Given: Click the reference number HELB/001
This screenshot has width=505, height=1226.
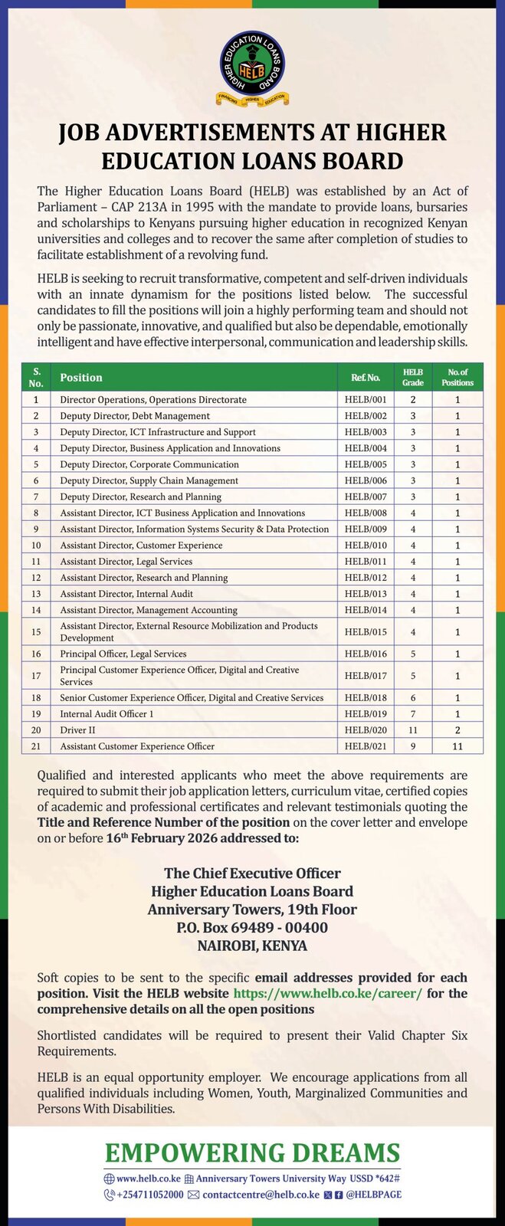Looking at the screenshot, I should (x=365, y=400).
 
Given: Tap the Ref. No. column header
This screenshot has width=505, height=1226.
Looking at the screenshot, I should (x=365, y=378).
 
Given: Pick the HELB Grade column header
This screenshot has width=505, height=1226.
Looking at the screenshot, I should (x=412, y=377).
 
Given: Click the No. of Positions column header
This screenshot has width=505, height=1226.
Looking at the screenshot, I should (x=457, y=377).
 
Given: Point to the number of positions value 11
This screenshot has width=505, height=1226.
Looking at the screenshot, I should (x=457, y=746).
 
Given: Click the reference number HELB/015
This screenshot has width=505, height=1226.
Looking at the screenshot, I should (x=365, y=632).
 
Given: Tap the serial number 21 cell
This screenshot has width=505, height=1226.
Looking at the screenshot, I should (x=36, y=746).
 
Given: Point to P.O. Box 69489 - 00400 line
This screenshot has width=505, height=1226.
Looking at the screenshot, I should (x=252, y=928).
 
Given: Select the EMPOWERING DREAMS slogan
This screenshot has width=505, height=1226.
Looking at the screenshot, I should (x=252, y=1153).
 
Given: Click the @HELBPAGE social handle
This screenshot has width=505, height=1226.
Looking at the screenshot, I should (x=373, y=1195).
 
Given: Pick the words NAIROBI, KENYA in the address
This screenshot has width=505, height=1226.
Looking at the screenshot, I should (x=252, y=946).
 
